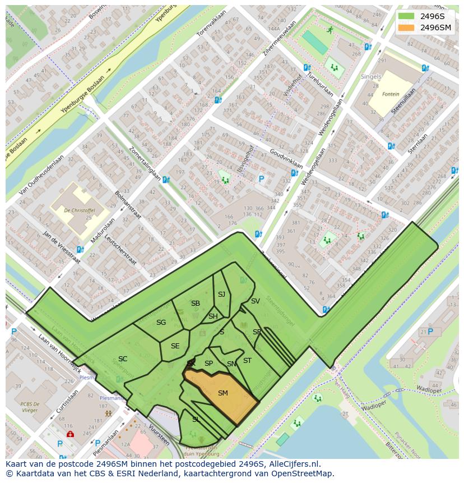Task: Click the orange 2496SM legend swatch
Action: (x=406, y=27)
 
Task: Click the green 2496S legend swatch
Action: (x=406, y=16)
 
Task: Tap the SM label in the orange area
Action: (x=222, y=393)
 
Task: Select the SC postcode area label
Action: (x=123, y=359)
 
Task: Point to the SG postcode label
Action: (x=161, y=323)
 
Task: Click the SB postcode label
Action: (x=195, y=303)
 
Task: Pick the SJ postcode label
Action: (x=221, y=295)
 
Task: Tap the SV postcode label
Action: (x=255, y=301)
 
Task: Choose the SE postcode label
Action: (x=175, y=346)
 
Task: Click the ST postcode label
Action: (x=247, y=361)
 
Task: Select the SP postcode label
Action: (x=208, y=364)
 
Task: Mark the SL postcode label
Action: (x=196, y=419)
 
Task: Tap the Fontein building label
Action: (x=391, y=94)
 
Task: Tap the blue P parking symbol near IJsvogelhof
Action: (x=261, y=180)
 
